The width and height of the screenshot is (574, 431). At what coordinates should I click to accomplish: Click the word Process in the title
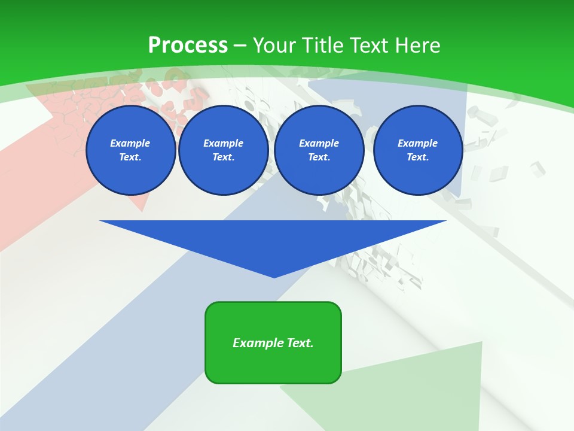(188, 45)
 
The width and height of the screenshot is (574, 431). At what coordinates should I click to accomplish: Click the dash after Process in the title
(240, 46)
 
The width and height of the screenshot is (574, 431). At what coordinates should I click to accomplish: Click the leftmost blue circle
(131, 150)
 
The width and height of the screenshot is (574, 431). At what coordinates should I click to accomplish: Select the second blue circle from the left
(224, 150)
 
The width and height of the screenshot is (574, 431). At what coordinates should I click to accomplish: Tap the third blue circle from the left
(319, 150)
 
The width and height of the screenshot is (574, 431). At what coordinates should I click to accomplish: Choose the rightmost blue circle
(418, 150)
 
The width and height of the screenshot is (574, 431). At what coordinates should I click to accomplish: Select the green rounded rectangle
(273, 365)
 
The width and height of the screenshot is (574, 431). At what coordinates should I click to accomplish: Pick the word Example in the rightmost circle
(418, 143)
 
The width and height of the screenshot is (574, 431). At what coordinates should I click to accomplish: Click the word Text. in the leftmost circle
(130, 157)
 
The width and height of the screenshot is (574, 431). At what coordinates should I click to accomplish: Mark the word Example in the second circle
(224, 143)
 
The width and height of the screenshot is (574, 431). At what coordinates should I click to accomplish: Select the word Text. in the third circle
(319, 157)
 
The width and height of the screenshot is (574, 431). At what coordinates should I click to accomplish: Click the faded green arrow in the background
(419, 389)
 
